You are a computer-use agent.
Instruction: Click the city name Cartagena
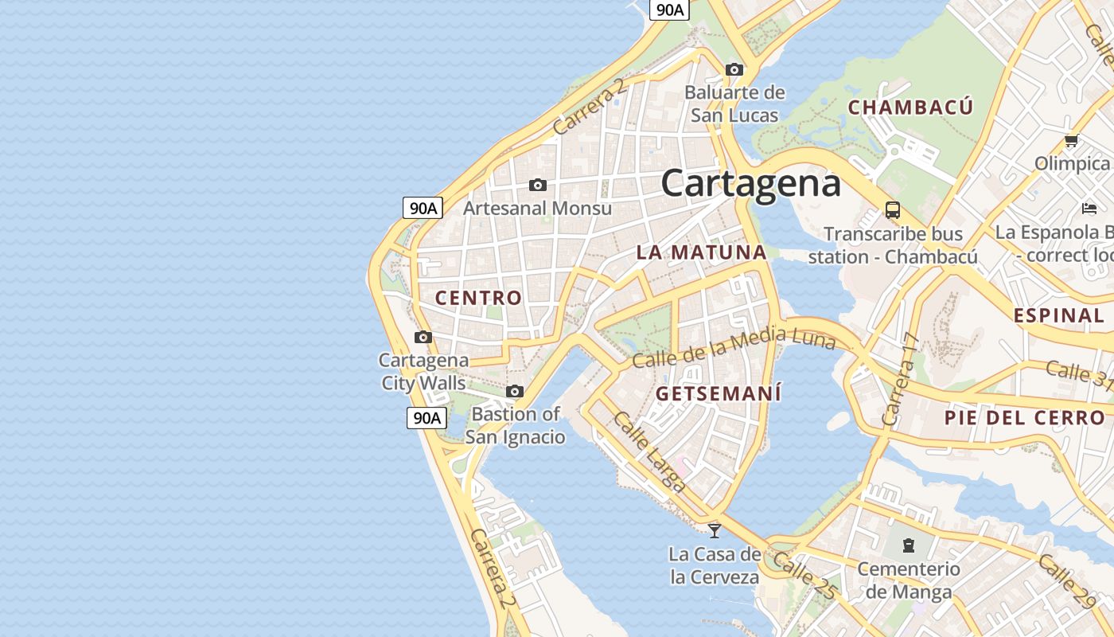750,183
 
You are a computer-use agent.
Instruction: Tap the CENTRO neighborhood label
478,298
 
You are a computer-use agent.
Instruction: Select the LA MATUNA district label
701,252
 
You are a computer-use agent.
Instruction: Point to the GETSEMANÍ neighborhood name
718,393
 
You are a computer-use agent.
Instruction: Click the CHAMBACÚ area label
910,107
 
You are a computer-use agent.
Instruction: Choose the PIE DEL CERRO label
1025,417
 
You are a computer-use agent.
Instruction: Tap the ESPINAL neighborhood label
1058,315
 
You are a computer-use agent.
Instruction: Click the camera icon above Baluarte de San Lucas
734,70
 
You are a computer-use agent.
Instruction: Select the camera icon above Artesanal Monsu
538,186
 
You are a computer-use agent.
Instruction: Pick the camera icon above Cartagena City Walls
423,338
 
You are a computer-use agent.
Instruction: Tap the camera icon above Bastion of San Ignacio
515,392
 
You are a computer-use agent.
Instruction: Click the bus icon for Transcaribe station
893,210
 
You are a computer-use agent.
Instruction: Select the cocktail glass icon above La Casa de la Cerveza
715,530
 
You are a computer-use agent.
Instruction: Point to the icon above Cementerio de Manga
908,545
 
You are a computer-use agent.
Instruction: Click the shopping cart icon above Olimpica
1071,141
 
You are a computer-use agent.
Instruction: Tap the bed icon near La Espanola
1089,209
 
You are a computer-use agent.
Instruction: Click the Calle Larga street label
649,451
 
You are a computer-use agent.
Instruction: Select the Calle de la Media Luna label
733,347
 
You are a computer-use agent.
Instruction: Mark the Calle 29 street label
1066,581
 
